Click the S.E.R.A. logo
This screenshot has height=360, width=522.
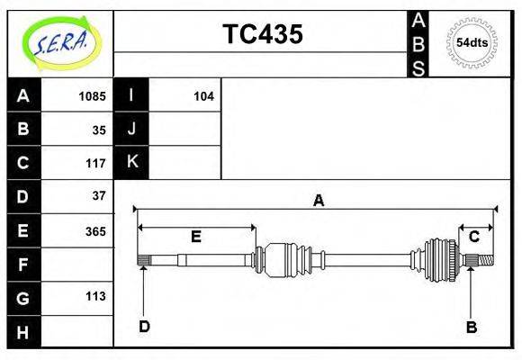[x=60, y=43]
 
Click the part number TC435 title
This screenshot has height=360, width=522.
[x=262, y=34]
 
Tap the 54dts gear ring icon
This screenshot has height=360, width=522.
[x=472, y=43]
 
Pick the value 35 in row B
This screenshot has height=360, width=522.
[x=99, y=130]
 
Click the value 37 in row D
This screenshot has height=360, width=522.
[x=99, y=195]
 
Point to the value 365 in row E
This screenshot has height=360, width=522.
[x=94, y=230]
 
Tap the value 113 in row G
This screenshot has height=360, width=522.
[x=94, y=296]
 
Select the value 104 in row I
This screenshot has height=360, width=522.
[x=203, y=96]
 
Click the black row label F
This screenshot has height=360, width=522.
[x=22, y=264]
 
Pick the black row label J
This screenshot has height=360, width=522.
[x=131, y=129]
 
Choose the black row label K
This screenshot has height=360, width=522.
[x=131, y=162]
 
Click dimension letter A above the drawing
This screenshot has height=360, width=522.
[x=318, y=201]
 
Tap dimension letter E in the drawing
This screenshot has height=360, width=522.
[x=195, y=237]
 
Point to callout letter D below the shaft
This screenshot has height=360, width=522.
[x=144, y=326]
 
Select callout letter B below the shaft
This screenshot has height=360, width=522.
[x=471, y=327]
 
